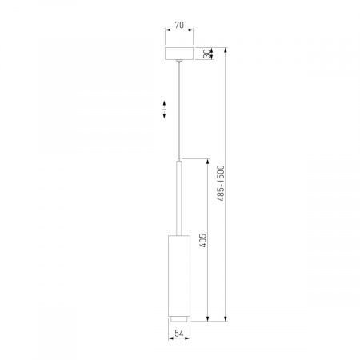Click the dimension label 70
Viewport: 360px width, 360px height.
[x=179, y=25]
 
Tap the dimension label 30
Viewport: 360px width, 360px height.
[x=206, y=54]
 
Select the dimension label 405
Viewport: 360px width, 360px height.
[x=203, y=240]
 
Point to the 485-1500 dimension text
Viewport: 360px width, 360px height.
[x=221, y=183]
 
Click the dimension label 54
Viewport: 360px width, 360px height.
[x=179, y=333]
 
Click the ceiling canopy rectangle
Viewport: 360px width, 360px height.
[x=179, y=54]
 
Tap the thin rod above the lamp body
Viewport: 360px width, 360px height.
[x=179, y=198]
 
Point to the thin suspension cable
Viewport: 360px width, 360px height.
[x=179, y=111]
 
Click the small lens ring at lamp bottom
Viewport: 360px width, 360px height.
[x=179, y=318]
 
